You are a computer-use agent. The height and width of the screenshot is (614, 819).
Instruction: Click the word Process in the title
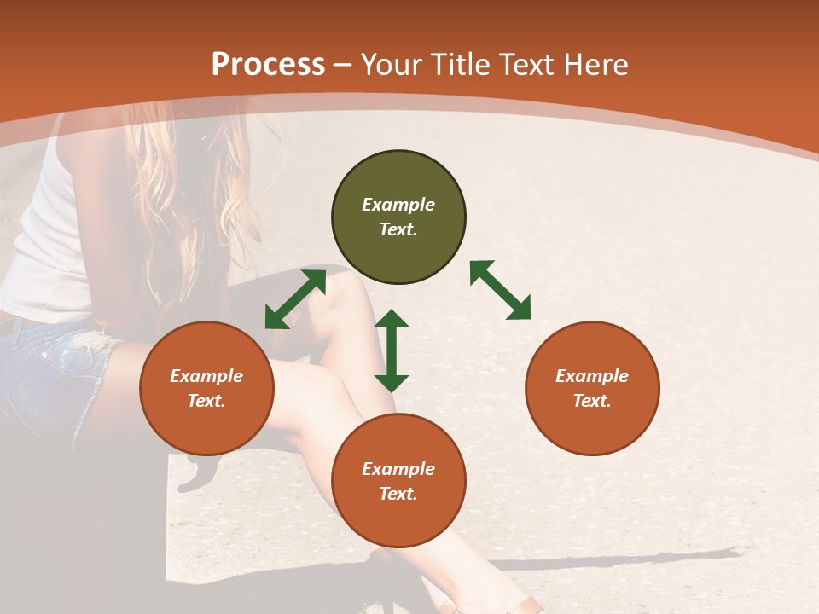pyautogui.click(x=268, y=65)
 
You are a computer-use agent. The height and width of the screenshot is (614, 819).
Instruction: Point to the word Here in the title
pyautogui.click(x=591, y=65)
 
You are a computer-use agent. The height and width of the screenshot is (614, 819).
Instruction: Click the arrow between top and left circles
pyautogui.click(x=295, y=299)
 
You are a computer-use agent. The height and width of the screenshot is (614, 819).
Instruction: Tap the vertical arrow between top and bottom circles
pyautogui.click(x=392, y=350)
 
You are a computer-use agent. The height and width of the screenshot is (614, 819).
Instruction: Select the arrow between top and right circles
pyautogui.click(x=500, y=290)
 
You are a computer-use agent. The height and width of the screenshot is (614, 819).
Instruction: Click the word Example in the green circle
pyautogui.click(x=398, y=205)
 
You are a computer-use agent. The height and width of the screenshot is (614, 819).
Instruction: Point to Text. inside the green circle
pyautogui.click(x=398, y=229)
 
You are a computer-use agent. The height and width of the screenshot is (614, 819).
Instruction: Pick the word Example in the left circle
pyautogui.click(x=206, y=376)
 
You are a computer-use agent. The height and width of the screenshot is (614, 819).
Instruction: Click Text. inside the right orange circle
pyautogui.click(x=592, y=401)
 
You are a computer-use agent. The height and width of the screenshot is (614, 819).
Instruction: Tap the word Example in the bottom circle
pyautogui.click(x=398, y=469)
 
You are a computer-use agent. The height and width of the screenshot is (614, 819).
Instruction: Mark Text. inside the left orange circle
pyautogui.click(x=206, y=401)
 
